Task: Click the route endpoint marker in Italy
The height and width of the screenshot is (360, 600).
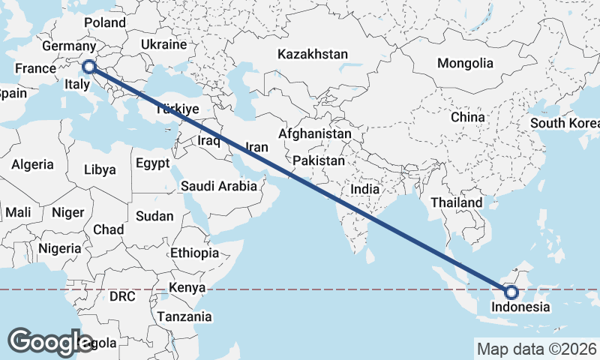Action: pyautogui.click(x=89, y=67)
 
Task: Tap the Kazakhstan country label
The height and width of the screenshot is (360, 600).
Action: pyautogui.click(x=313, y=55)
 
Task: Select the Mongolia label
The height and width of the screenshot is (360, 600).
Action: pyautogui.click(x=465, y=64)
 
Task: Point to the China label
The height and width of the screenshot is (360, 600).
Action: pyautogui.click(x=468, y=118)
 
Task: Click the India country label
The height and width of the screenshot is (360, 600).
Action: pyautogui.click(x=365, y=190)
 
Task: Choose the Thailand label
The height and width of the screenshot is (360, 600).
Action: pyautogui.click(x=457, y=203)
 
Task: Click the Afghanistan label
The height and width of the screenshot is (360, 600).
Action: pyautogui.click(x=314, y=134)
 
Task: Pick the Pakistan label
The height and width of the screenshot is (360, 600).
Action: pyautogui.click(x=319, y=161)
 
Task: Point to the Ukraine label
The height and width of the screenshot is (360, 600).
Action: pyautogui.click(x=163, y=44)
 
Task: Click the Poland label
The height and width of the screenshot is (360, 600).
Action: pyautogui.click(x=105, y=23)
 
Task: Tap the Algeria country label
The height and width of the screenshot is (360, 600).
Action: pyautogui.click(x=32, y=164)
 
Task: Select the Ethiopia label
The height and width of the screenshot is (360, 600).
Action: pyautogui.click(x=194, y=253)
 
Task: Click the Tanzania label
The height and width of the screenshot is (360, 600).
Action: pyautogui.click(x=184, y=317)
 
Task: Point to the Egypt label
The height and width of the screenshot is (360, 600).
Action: pyautogui.click(x=153, y=163)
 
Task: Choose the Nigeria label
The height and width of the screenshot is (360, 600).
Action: pyautogui.click(x=59, y=248)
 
